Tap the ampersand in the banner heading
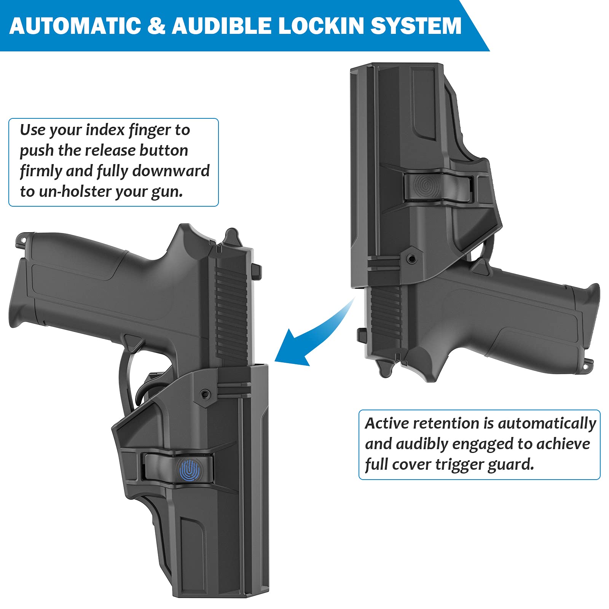(x=156, y=26)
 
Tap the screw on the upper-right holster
(x=411, y=259)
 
